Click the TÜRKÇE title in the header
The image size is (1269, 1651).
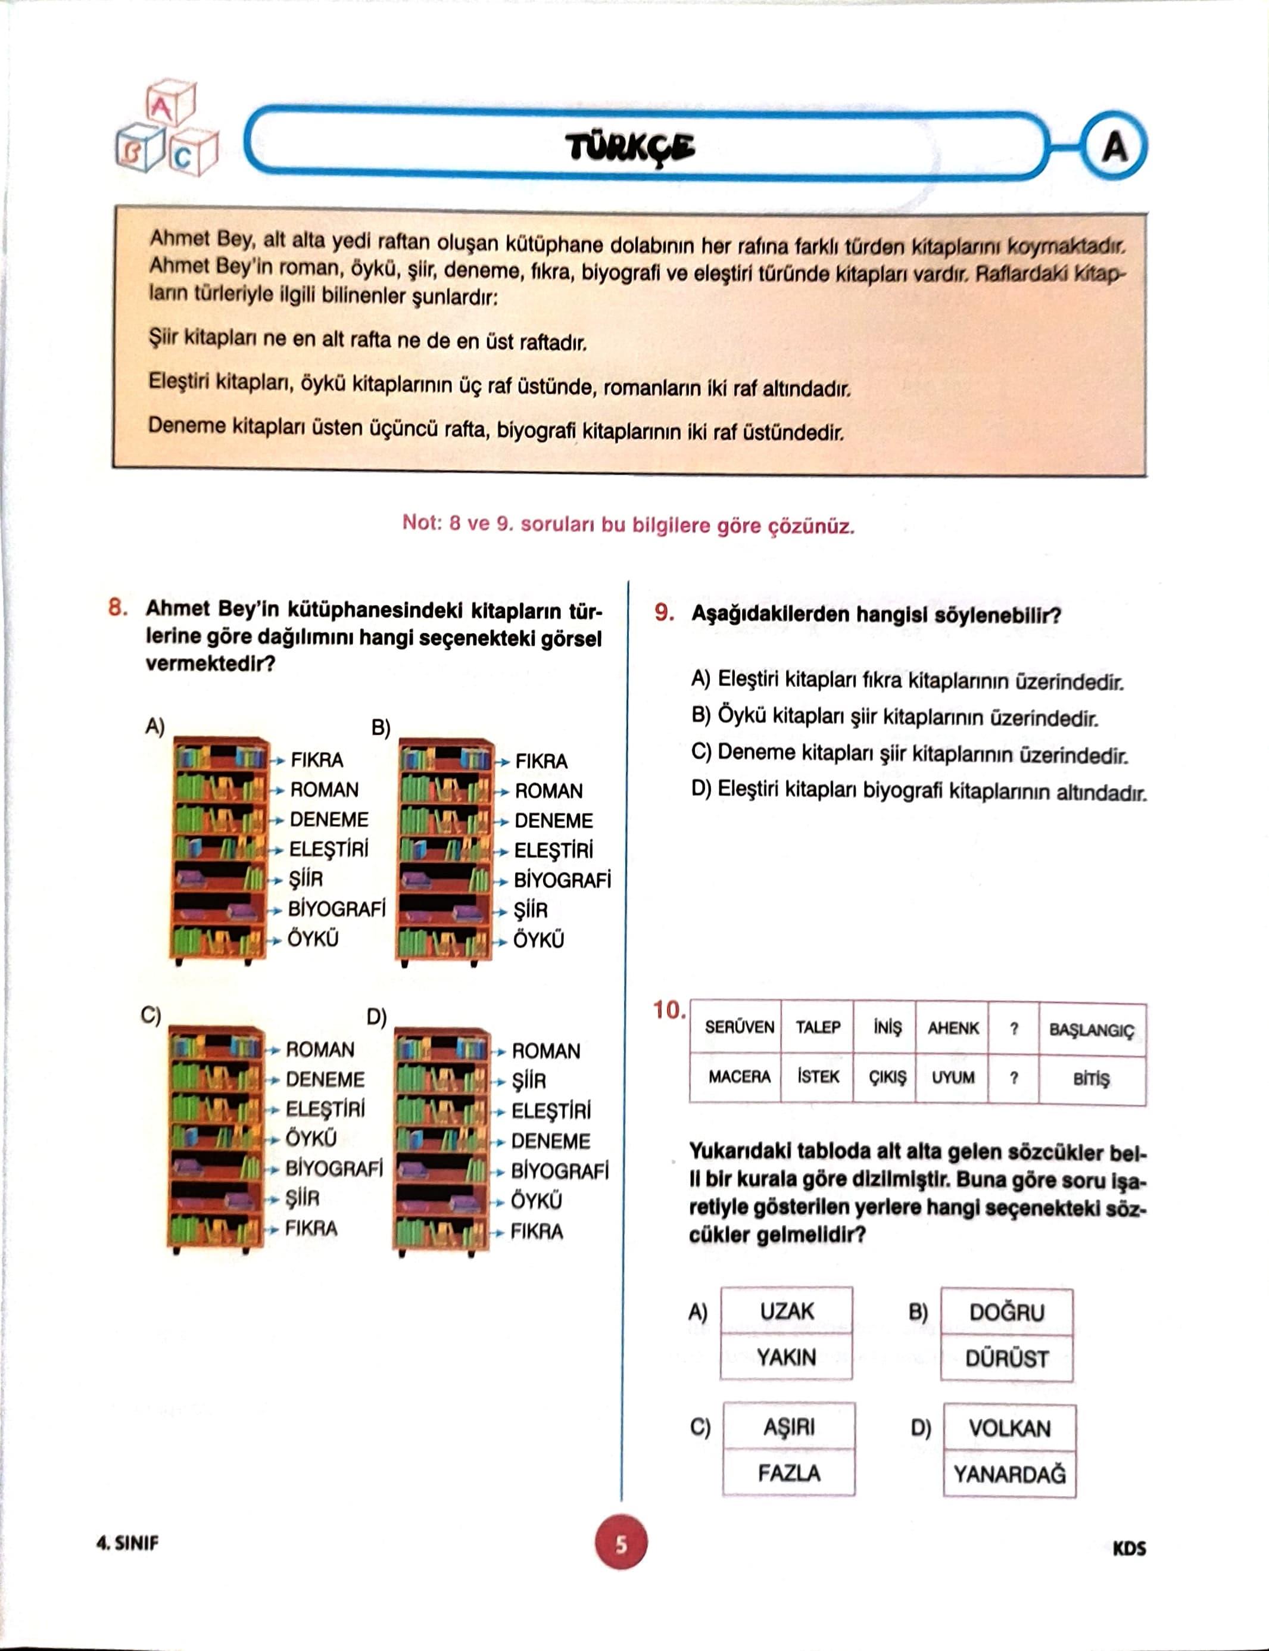click(x=631, y=147)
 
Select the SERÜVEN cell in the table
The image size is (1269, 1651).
click(x=739, y=1027)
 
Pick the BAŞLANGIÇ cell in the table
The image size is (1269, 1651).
click(x=1092, y=1030)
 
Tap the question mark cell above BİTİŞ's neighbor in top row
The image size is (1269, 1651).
click(x=1014, y=1029)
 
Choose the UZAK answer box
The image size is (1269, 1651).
click(x=786, y=1311)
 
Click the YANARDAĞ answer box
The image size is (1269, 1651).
click(x=1009, y=1474)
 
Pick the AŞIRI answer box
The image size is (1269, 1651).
click(x=788, y=1427)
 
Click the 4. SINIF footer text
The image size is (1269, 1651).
click(x=127, y=1543)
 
